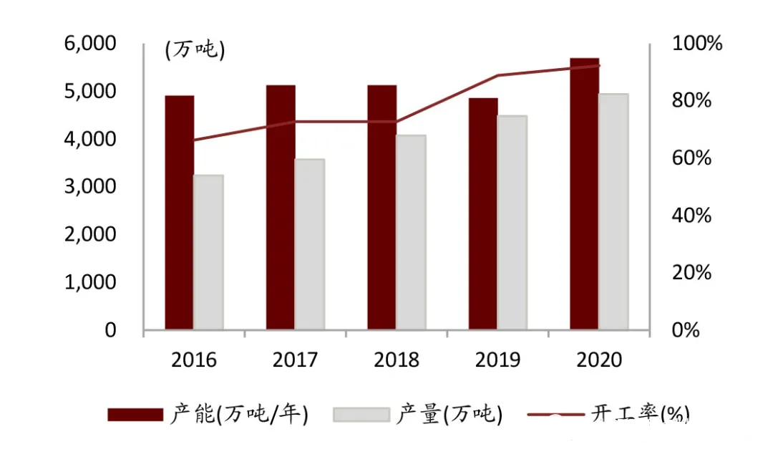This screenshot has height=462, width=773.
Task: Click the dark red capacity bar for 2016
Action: (x=179, y=213)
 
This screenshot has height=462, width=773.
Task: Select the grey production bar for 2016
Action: (x=208, y=252)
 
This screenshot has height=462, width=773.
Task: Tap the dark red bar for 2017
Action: (x=281, y=208)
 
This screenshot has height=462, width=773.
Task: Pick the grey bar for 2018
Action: (x=411, y=232)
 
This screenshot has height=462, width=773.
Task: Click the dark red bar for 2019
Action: (x=483, y=214)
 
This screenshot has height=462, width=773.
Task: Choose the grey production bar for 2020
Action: (x=613, y=211)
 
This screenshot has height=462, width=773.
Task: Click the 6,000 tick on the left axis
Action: (x=90, y=44)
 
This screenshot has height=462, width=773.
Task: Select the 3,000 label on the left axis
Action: (x=90, y=187)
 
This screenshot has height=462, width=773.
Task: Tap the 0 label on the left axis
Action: (x=110, y=330)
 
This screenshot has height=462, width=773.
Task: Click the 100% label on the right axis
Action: (x=697, y=44)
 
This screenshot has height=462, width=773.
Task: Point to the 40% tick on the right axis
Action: (x=692, y=216)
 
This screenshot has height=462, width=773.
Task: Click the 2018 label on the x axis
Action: (x=397, y=360)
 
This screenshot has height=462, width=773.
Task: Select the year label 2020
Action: (x=598, y=360)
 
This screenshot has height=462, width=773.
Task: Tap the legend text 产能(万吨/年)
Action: (x=240, y=415)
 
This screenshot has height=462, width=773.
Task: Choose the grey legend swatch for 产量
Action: (x=361, y=415)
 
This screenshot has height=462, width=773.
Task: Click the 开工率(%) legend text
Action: (x=640, y=415)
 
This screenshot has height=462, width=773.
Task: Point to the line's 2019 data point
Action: (x=497, y=75)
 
